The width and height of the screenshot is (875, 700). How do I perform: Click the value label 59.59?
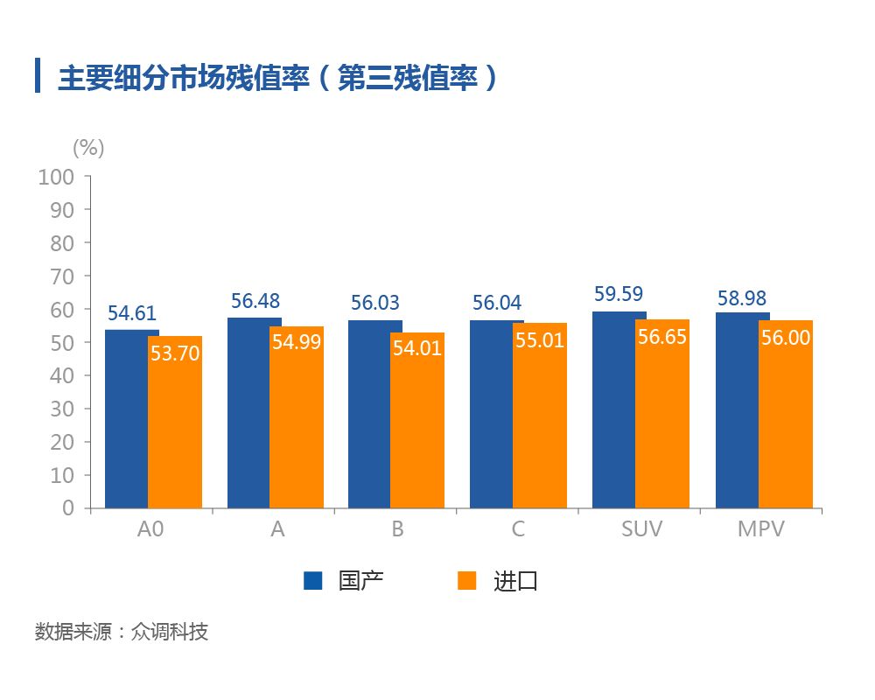[619, 294]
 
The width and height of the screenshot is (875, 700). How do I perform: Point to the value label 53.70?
[175, 353]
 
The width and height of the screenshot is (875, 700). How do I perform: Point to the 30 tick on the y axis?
[61, 409]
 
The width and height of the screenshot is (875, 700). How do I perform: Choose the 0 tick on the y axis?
[68, 508]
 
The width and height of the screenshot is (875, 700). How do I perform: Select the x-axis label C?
[519, 530]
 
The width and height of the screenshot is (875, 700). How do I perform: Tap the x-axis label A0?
[152, 530]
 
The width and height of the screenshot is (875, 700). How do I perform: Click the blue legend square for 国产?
[313, 580]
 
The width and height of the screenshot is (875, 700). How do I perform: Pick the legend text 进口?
[515, 581]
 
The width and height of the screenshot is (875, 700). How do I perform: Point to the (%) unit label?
[87, 148]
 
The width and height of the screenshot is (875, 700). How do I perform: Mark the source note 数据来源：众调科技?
[122, 632]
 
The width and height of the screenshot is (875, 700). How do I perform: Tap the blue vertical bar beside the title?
[38, 75]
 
